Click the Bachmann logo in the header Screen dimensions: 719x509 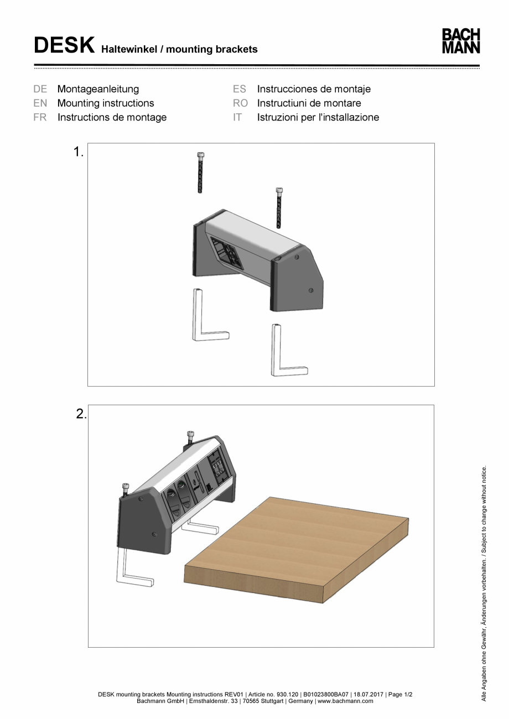(x=460, y=41)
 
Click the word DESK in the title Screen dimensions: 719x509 (x=64, y=46)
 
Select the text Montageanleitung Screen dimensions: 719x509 (x=98, y=89)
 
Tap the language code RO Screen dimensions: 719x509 (x=240, y=103)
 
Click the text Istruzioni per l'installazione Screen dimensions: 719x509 (x=318, y=117)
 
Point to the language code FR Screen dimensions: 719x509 (x=40, y=117)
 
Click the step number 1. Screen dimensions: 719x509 (x=78, y=152)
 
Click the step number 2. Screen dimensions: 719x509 (x=81, y=414)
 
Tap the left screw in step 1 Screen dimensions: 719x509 (x=200, y=173)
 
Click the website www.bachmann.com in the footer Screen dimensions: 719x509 (x=345, y=701)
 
